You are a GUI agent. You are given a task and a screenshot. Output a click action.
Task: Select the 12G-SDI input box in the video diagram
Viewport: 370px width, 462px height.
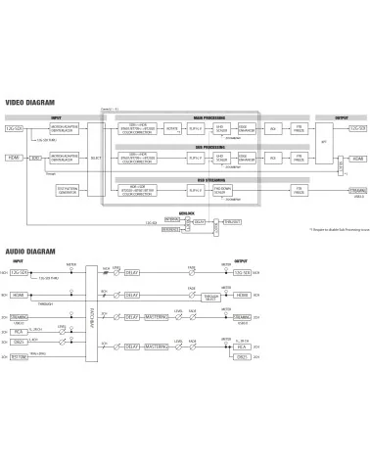click(x=14, y=128)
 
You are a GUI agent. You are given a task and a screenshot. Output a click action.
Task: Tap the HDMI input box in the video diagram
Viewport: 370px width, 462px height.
click(x=14, y=157)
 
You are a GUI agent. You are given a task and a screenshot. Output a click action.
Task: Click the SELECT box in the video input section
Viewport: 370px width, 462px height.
click(x=95, y=157)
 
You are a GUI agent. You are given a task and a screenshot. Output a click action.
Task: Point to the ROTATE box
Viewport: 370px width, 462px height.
click(x=173, y=128)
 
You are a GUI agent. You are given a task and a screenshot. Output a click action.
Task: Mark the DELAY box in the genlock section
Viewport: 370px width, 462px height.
click(x=199, y=222)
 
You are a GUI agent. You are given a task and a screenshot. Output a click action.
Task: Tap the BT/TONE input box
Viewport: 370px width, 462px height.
click(x=20, y=356)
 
